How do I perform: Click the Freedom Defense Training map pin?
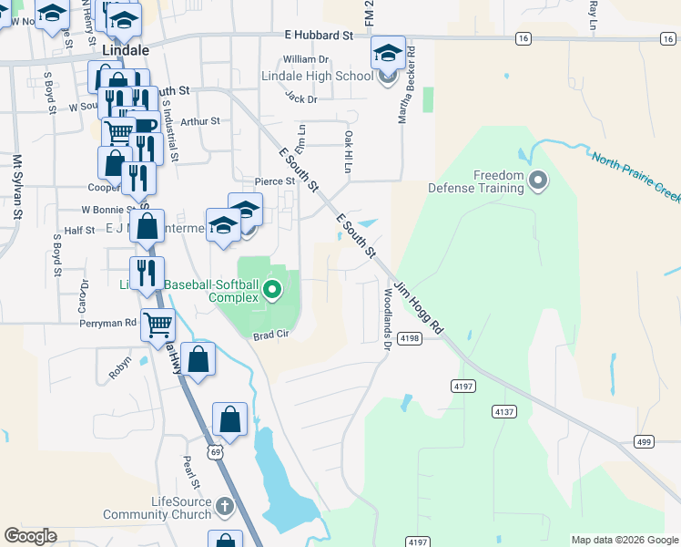pos(537,181)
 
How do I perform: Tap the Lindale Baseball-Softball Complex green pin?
pos(271,292)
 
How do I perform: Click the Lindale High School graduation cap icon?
pos(388,54)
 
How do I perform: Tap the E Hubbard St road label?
pos(317,35)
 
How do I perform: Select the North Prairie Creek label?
pos(636,177)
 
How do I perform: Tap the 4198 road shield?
pos(410,338)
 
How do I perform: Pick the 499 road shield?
pos(644,442)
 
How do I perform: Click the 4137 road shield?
pos(503,412)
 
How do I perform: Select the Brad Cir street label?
pos(269,335)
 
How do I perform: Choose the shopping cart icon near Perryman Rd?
pos(158,323)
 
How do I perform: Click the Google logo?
pos(30,536)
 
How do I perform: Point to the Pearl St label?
pos(190,472)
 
